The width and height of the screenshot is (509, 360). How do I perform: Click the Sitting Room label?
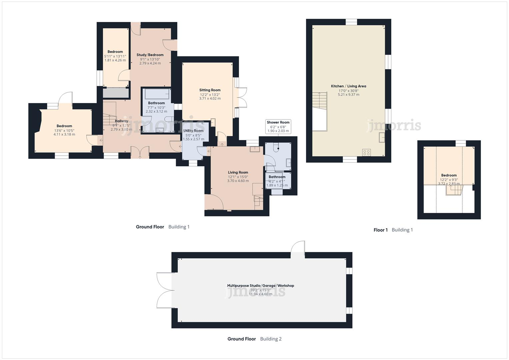click(210, 90)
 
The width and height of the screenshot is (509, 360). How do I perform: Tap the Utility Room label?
click(193, 131)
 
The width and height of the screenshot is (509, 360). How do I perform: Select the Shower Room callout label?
click(278, 123)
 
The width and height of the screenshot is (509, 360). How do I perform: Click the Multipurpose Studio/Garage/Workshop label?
click(260, 286)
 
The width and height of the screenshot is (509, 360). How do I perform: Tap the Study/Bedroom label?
click(150, 55)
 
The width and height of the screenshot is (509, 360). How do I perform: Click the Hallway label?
click(121, 121)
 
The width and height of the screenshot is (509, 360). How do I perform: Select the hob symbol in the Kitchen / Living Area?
click(366, 152)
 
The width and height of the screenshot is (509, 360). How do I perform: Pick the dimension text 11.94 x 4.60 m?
click(260, 294)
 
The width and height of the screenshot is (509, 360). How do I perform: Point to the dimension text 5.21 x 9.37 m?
click(348, 95)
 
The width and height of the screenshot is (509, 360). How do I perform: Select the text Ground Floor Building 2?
click(254, 339)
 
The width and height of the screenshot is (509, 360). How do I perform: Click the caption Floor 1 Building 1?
click(393, 230)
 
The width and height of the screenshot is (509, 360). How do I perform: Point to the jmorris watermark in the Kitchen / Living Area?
click(394, 126)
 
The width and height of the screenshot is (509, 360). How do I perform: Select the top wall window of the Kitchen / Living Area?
click(351, 22)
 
